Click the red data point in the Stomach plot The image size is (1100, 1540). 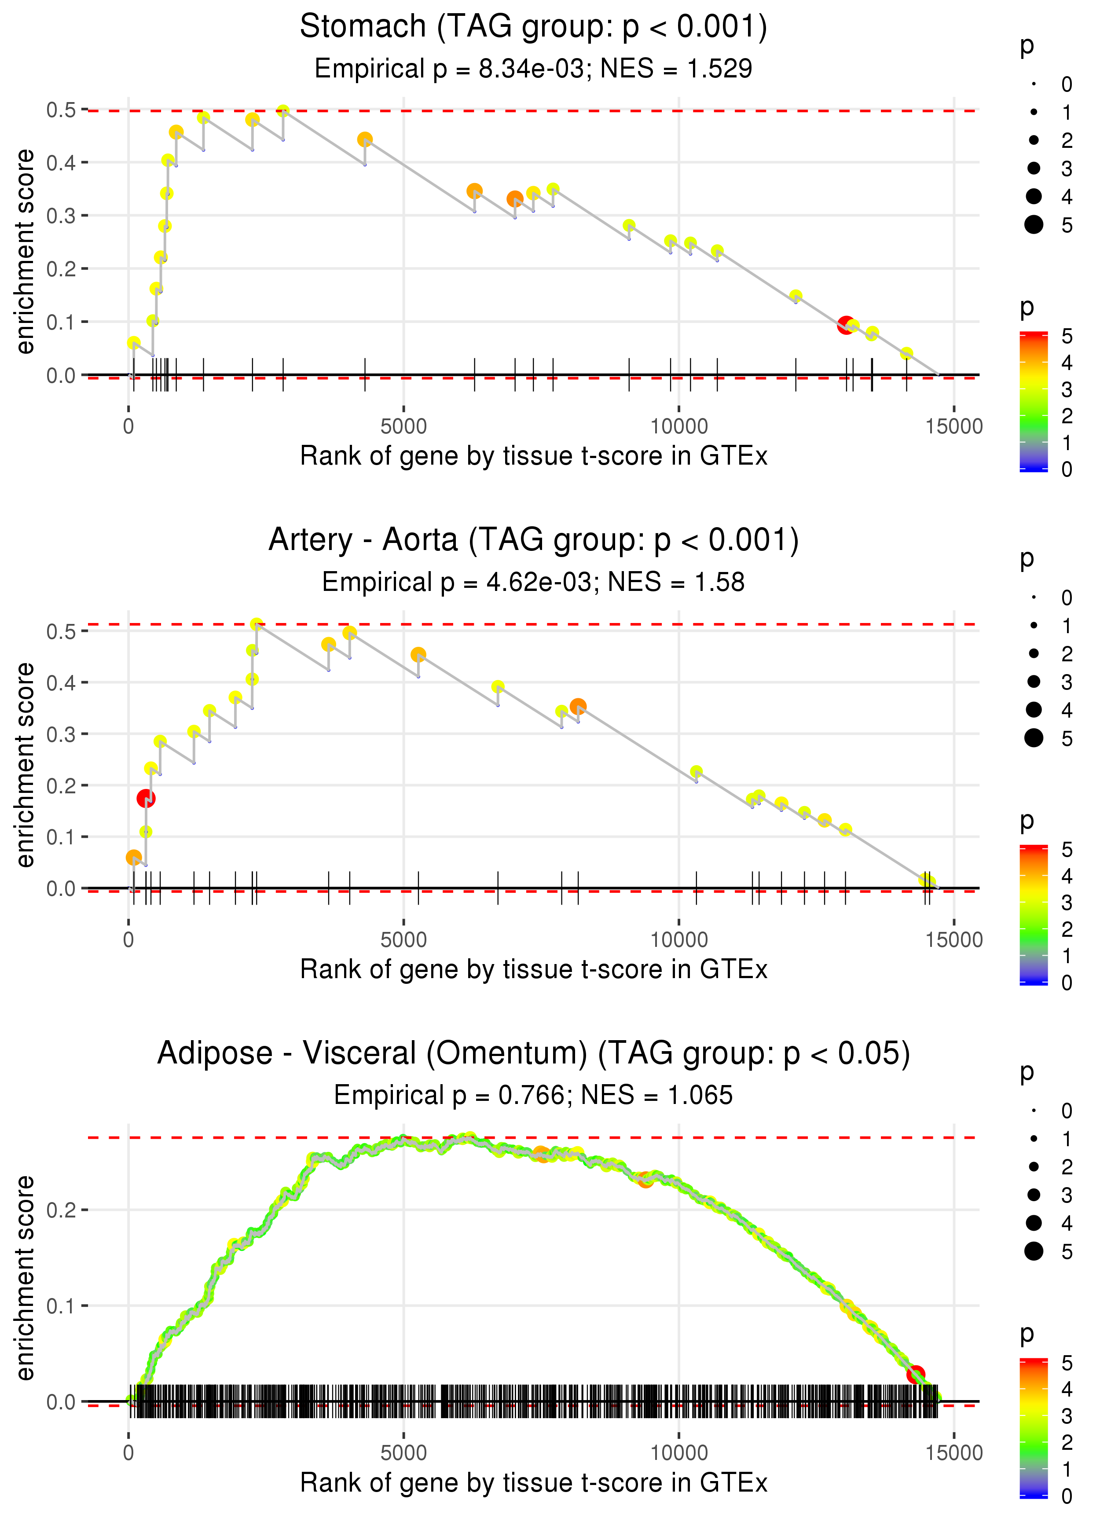pos(845,325)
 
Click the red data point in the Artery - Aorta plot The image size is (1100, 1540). pos(146,799)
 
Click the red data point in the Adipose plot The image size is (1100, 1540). pos(916,1374)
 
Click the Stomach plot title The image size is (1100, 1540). pos(534,27)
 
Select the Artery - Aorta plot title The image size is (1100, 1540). pos(534,540)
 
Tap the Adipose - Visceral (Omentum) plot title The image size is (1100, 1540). pos(534,1054)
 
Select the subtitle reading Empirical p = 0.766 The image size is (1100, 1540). pos(534,1096)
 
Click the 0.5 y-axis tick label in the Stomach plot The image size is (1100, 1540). pos(61,110)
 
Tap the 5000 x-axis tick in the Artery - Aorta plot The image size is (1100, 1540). pos(403,940)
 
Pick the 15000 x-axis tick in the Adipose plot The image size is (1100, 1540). pos(953,1453)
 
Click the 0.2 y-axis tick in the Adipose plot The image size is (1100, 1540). pos(61,1210)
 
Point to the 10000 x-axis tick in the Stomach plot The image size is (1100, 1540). pos(678,427)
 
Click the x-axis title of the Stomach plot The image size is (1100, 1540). pos(534,456)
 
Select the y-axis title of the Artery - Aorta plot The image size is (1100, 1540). pos(25,765)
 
